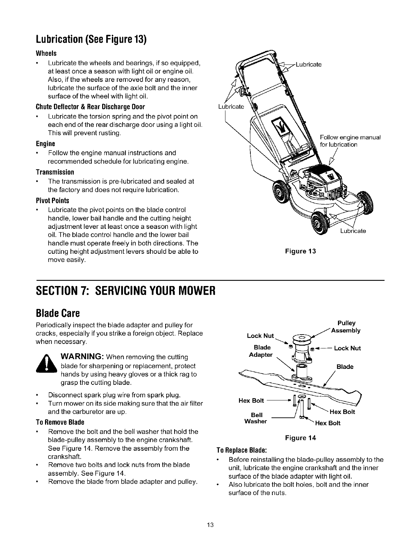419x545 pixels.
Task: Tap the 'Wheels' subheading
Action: [x=46, y=54]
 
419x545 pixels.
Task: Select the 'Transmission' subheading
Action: [x=55, y=172]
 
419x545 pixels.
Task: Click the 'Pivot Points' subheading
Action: [x=53, y=201]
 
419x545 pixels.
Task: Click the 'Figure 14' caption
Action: [x=301, y=438]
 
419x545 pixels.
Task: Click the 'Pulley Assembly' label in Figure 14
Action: [x=346, y=327]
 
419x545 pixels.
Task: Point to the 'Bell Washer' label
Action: [x=256, y=418]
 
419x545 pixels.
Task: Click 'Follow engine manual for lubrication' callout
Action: [x=350, y=141]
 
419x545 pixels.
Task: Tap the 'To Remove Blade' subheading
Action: [x=60, y=422]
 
